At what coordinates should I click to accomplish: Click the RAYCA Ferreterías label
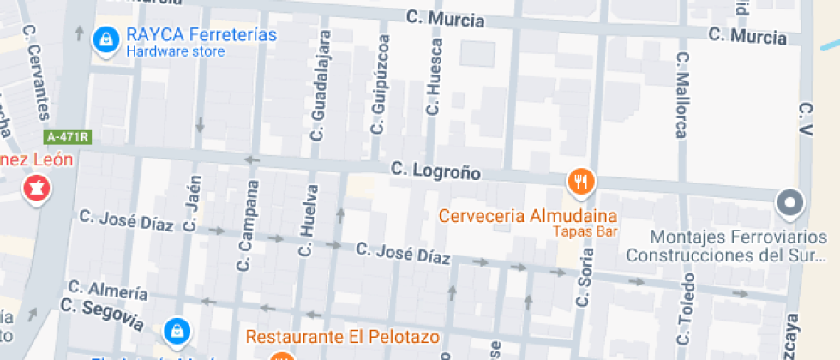click(x=201, y=35)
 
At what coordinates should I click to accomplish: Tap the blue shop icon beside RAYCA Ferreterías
click(x=106, y=39)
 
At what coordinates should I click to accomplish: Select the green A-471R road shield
click(x=69, y=136)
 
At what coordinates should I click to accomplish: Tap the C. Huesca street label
click(x=435, y=78)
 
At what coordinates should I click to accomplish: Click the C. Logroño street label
click(x=435, y=171)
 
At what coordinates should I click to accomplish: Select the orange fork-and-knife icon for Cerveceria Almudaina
click(x=581, y=181)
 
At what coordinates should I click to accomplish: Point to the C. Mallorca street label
click(x=681, y=95)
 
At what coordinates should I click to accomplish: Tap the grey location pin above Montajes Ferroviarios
click(x=789, y=204)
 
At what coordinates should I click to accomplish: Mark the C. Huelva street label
click(x=307, y=221)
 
